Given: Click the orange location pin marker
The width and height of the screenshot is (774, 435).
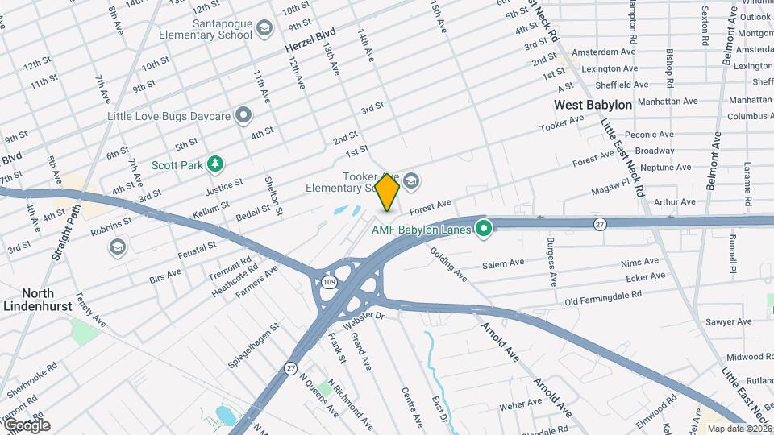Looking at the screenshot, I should click(x=388, y=192).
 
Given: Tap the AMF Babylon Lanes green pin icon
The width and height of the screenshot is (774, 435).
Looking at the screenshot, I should click(x=484, y=230).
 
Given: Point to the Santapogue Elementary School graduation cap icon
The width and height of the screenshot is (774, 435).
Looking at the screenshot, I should click(x=264, y=30).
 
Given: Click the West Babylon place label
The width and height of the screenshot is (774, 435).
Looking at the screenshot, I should click(x=593, y=105).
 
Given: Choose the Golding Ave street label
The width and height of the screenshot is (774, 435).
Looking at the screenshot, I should click(x=453, y=266).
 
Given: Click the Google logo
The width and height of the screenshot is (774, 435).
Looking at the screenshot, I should click(x=27, y=425).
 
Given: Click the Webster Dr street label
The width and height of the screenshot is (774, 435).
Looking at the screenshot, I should click(x=363, y=321).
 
